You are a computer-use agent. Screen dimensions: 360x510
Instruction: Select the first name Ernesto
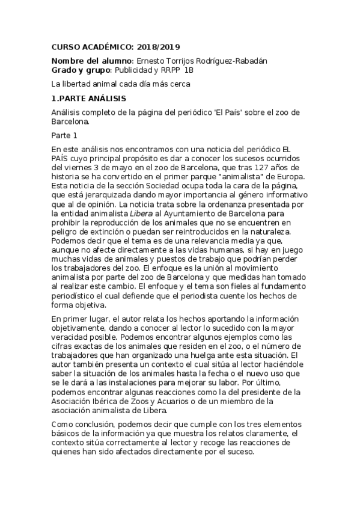(151, 61)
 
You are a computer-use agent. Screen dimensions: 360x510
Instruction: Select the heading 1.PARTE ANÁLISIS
(88, 98)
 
